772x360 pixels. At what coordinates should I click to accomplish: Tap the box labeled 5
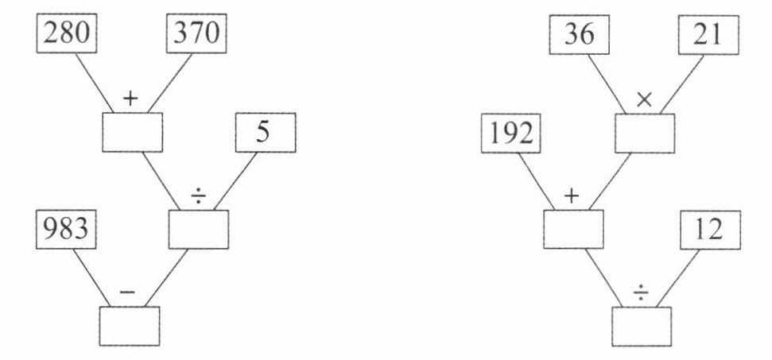pos(265,133)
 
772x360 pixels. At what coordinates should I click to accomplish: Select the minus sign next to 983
pos(127,292)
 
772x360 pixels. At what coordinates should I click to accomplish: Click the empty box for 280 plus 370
pos(133,132)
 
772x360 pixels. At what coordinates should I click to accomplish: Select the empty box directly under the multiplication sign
pos(645,132)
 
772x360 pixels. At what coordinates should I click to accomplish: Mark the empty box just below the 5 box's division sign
pos(199,229)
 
